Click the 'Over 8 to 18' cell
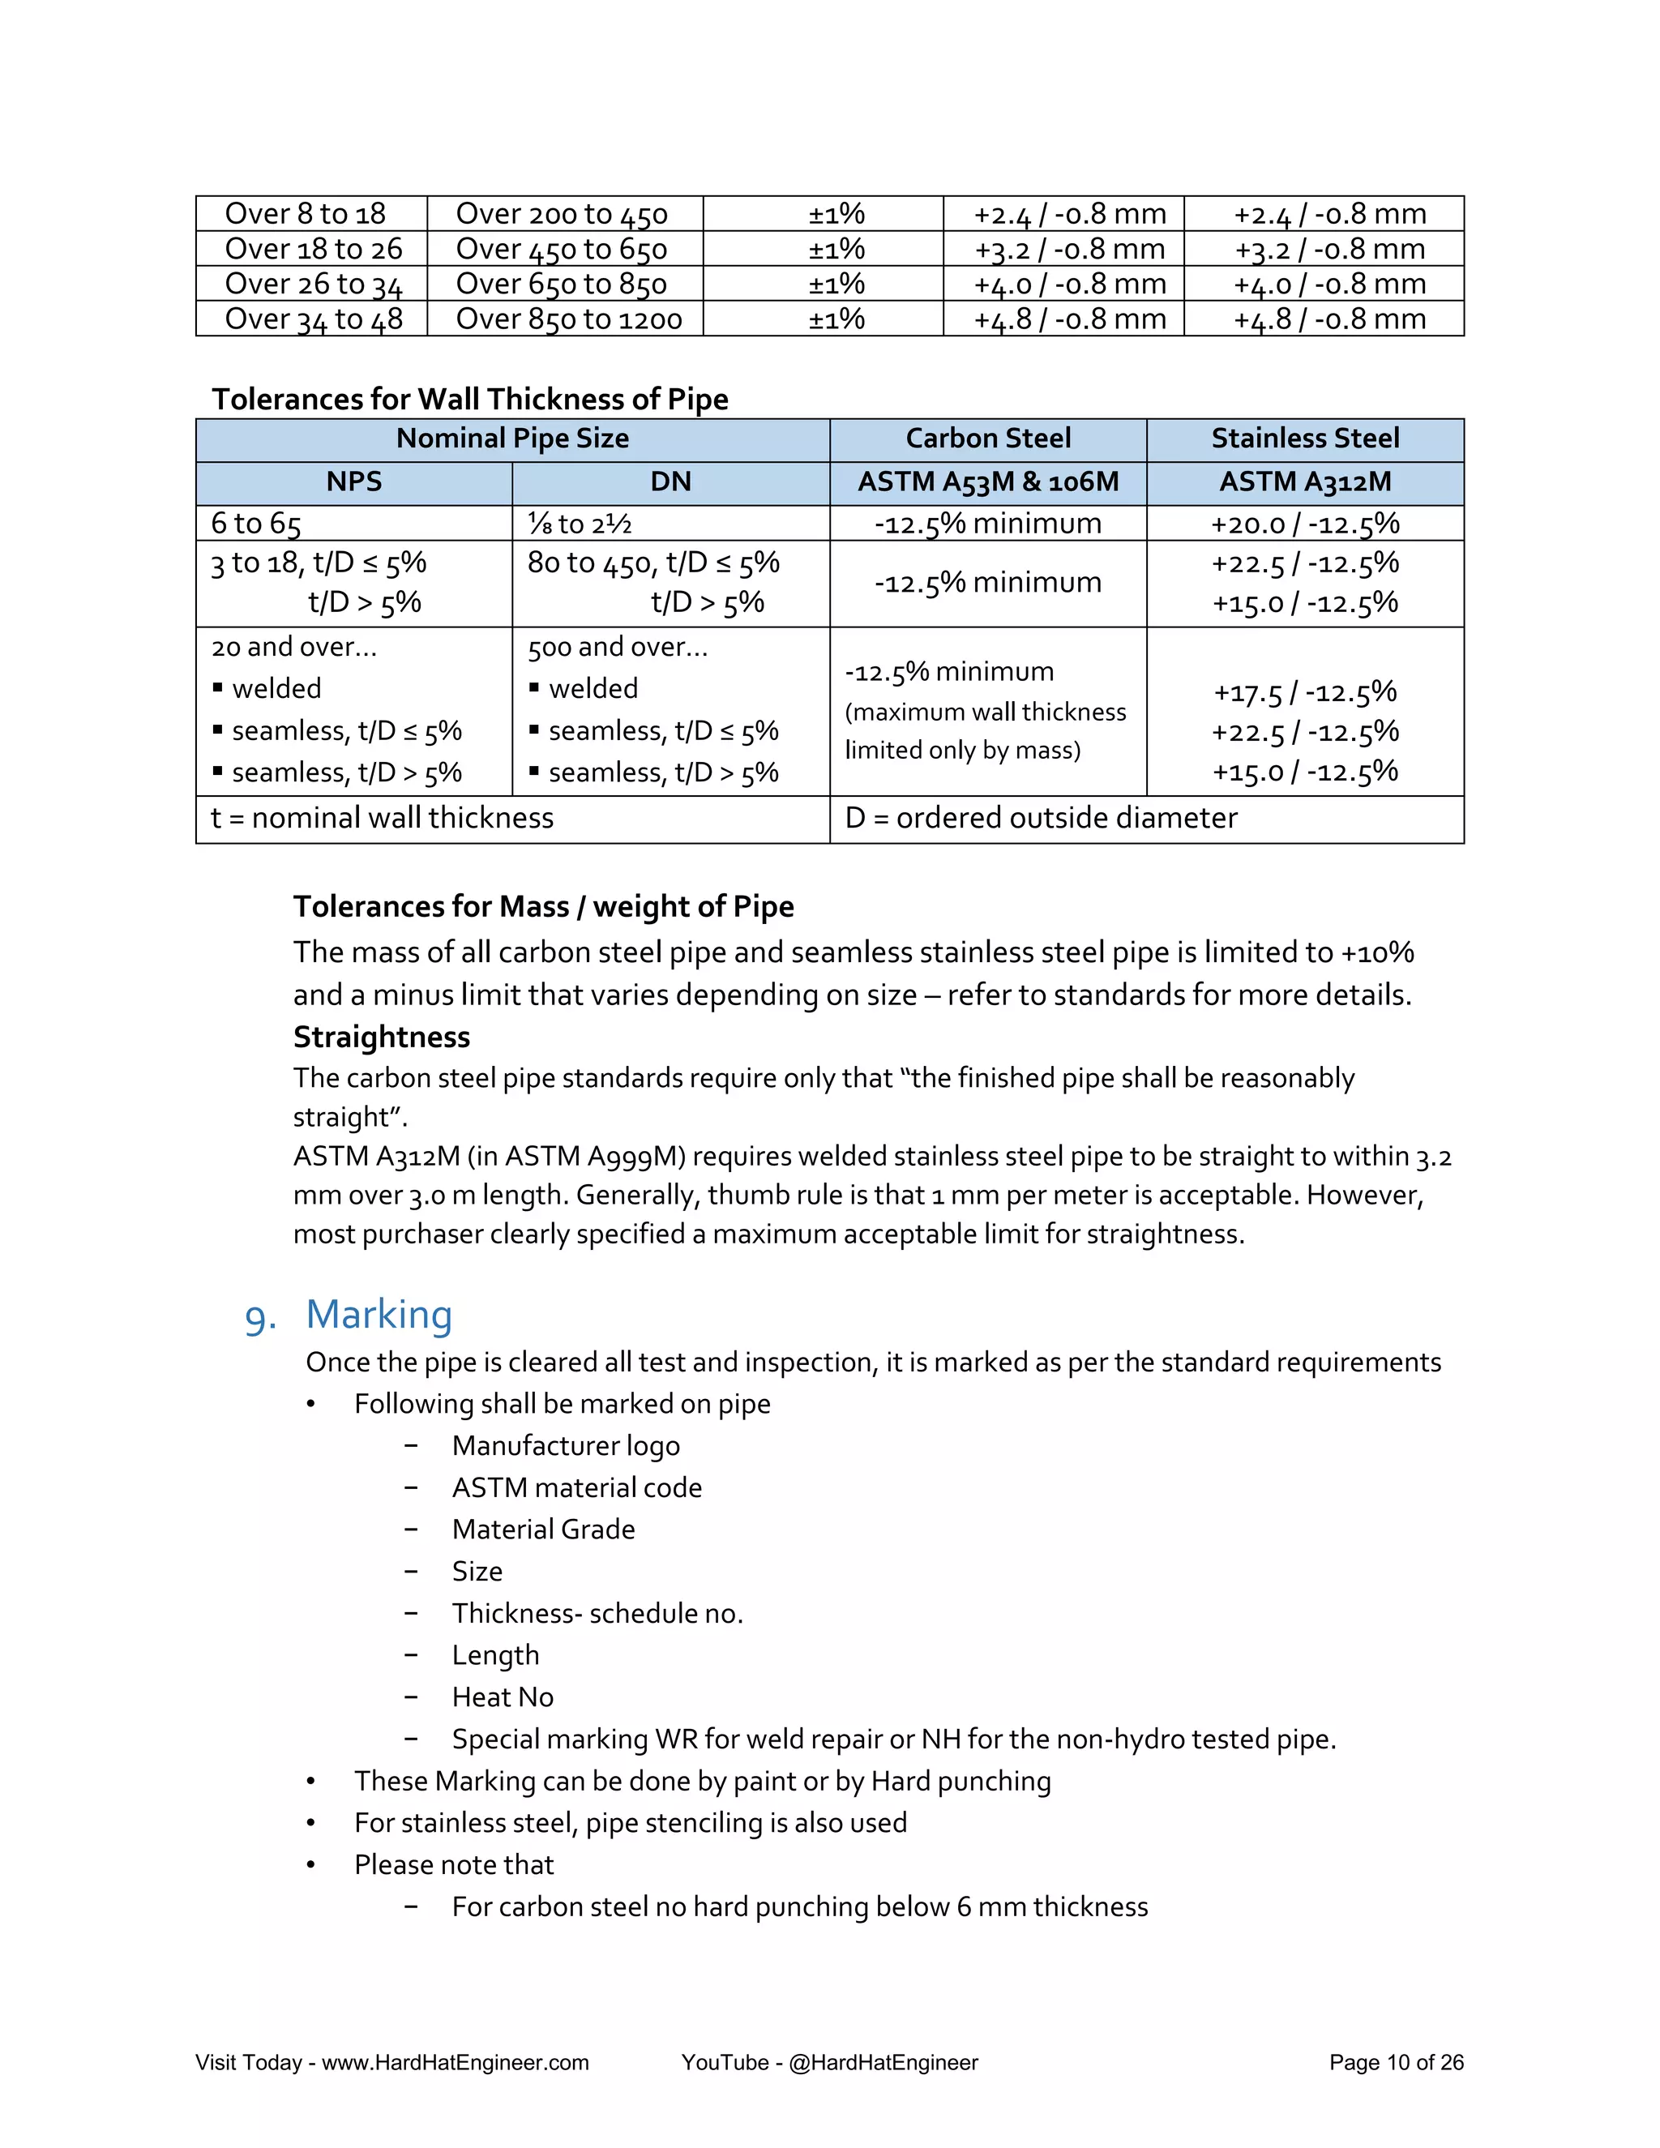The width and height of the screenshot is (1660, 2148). [x=305, y=213]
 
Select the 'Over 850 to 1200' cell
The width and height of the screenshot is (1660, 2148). [x=568, y=319]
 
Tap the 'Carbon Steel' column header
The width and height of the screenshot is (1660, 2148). [x=987, y=439]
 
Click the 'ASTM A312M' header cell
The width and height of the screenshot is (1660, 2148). [x=1304, y=482]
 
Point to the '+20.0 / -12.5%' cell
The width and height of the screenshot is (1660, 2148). [x=1304, y=524]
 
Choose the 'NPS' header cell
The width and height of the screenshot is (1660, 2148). [x=354, y=482]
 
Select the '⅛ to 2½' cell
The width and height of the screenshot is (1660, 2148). [x=580, y=524]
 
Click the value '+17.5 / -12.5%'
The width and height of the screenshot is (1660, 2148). [x=1304, y=692]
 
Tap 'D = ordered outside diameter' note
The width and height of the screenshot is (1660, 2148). [x=1041, y=819]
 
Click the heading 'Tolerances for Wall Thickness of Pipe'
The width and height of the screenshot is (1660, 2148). [x=470, y=400]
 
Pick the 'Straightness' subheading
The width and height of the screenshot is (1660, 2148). [x=382, y=1037]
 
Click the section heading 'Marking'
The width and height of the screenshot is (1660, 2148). [x=379, y=1315]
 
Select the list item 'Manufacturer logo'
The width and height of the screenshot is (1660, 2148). [x=566, y=1446]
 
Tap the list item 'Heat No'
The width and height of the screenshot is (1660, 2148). [x=503, y=1697]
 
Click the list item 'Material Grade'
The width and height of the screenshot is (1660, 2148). [x=543, y=1530]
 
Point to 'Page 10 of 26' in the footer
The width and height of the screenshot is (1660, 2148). [x=1396, y=2062]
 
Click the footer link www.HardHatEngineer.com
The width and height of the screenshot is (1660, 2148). [x=456, y=2062]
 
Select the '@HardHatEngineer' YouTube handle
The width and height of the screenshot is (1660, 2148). [x=883, y=2062]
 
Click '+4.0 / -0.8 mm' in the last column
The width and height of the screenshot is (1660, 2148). [x=1329, y=285]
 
